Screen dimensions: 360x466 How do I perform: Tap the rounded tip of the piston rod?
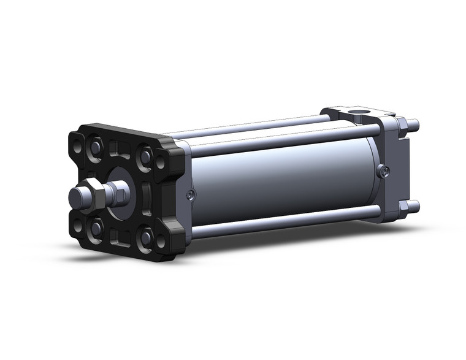click(75, 197)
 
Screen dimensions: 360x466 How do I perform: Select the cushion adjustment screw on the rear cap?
click(384, 172)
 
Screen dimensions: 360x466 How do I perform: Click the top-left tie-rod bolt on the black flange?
click(97, 147)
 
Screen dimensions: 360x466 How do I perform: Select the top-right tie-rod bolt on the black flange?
click(145, 156)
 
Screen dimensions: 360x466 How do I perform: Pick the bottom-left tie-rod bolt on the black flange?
click(97, 229)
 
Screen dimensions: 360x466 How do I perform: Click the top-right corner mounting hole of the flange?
click(161, 164)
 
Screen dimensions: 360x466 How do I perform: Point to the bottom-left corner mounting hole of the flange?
click(78, 226)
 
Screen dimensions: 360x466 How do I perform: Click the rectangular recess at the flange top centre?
click(121, 150)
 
